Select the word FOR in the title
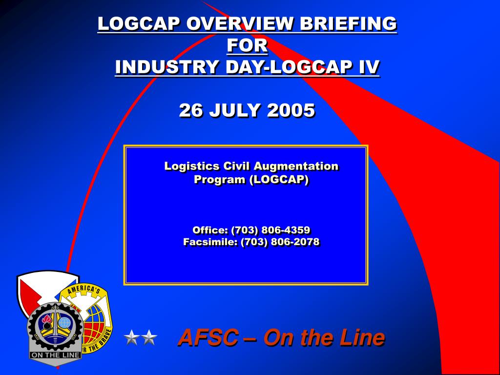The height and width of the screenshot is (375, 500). (x=248, y=45)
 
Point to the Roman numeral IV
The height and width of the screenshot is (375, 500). (x=369, y=67)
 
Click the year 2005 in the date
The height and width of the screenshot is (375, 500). (x=291, y=110)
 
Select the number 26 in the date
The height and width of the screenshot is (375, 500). (x=191, y=110)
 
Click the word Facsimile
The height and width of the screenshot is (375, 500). (x=210, y=242)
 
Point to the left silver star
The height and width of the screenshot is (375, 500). (x=131, y=337)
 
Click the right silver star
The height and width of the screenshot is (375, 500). (x=149, y=337)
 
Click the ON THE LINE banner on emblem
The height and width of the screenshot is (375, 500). (x=55, y=355)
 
